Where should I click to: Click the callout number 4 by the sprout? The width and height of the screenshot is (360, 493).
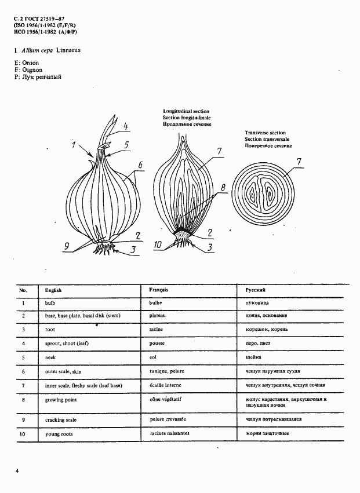tap(125, 127)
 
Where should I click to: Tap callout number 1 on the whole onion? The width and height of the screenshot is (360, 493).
tap(74, 145)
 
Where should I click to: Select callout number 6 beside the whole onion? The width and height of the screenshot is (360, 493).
tap(140, 165)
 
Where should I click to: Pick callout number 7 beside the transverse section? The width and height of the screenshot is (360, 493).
tap(299, 162)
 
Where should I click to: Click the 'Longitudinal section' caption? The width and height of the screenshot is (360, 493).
tap(186, 111)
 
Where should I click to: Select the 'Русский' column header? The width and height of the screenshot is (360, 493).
tap(255, 289)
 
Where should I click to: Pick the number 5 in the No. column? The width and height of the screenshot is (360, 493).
tap(23, 357)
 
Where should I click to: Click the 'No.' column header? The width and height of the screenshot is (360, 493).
tap(23, 289)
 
